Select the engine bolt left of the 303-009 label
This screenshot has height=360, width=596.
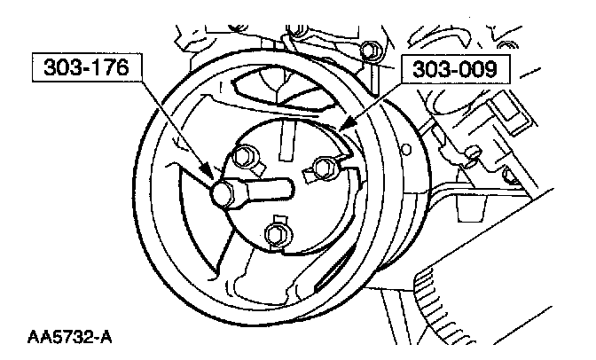366,50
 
